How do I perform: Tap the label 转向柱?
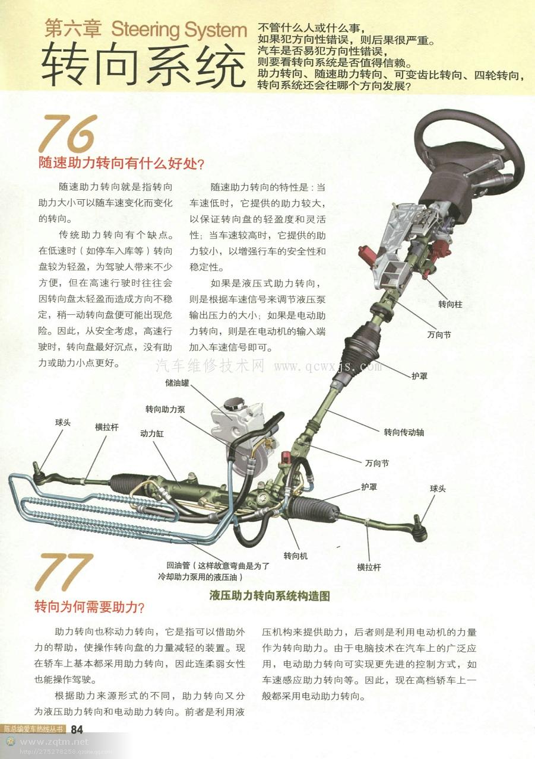[450, 304]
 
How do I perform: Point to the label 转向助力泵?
[165, 409]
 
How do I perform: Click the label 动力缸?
[151, 433]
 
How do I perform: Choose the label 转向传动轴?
[404, 432]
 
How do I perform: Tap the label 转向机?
[295, 556]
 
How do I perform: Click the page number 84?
[77, 730]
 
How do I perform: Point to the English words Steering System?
[179, 29]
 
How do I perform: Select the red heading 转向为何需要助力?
[90, 607]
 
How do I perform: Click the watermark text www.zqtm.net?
[54, 742]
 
